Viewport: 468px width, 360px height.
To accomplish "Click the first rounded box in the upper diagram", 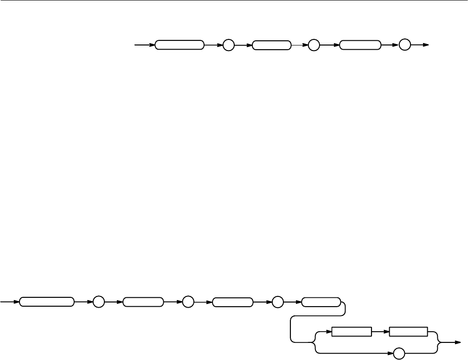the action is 180,45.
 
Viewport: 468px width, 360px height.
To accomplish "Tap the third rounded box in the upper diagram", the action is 360,45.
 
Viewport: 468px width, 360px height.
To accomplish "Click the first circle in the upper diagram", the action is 228,45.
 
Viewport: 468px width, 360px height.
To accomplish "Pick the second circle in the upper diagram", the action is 314,45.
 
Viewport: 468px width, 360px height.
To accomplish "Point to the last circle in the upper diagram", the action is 404,45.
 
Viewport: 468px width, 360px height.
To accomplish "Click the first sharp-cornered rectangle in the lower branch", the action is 352,332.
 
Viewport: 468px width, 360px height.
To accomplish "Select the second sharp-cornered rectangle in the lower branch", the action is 409,332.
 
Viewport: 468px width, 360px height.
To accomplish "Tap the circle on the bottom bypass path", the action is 398,354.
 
